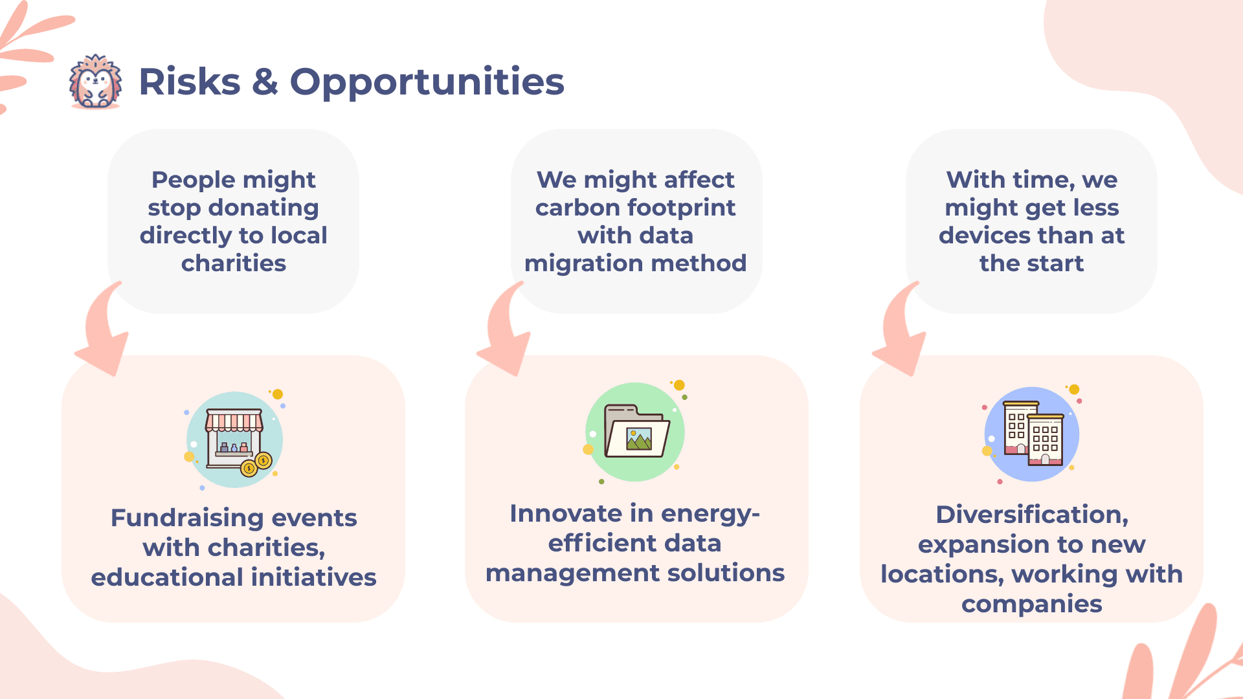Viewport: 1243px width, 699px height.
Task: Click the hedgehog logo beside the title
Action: (95, 82)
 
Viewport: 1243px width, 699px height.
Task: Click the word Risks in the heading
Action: (190, 82)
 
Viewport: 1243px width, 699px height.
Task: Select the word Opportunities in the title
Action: (427, 82)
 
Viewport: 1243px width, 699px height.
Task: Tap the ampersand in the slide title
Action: (265, 82)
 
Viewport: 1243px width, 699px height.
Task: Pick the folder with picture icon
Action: (635, 432)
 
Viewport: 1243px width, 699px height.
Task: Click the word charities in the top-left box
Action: (234, 263)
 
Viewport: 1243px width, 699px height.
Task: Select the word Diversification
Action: (1032, 515)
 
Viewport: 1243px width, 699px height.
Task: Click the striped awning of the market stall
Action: (234, 421)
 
